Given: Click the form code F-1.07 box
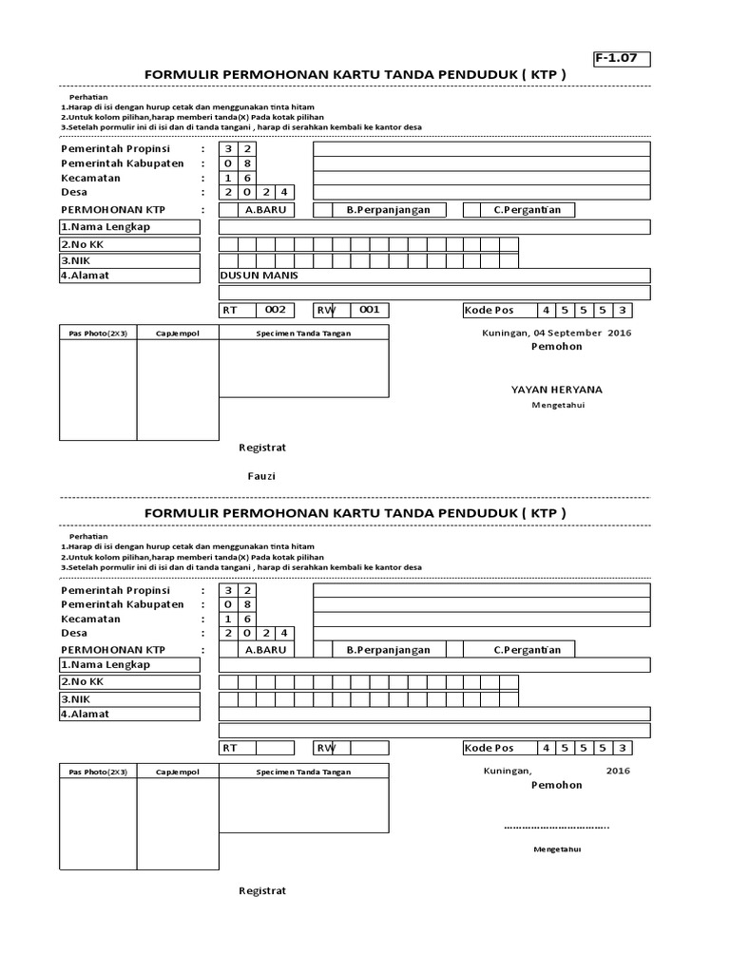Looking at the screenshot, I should (x=622, y=59).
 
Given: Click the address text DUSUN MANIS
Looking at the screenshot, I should (x=259, y=276).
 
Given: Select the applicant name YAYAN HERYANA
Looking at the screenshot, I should (x=556, y=390).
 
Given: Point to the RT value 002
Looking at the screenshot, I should (x=275, y=310).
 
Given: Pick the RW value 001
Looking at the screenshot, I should (x=370, y=310).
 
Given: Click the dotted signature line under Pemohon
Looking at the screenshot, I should (x=556, y=827).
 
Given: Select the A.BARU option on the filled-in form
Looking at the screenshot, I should (x=265, y=210).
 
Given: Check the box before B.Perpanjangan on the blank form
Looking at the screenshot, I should (x=322, y=650).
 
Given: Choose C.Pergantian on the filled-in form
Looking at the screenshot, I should (x=527, y=210).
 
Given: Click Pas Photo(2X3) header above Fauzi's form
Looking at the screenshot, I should (x=98, y=334).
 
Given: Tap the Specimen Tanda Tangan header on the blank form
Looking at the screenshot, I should (x=303, y=772).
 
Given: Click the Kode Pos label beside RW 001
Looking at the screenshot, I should (x=490, y=310).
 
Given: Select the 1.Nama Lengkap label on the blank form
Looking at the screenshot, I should (x=106, y=665).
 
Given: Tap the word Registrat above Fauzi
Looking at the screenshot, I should (x=261, y=448).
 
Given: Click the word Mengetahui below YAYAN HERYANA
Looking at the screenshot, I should (x=557, y=406).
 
